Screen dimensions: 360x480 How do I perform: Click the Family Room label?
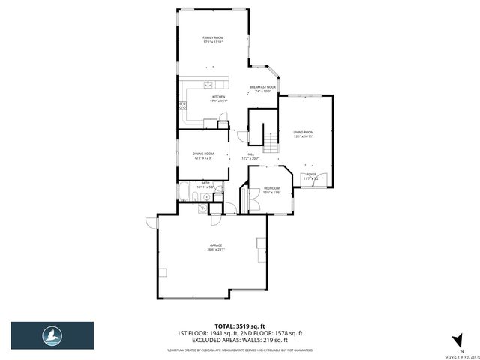[x=214, y=39]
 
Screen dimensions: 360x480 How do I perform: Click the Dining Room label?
[x=203, y=155]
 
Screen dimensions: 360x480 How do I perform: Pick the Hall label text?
[x=250, y=156]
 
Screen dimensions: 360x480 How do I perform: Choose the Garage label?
[x=216, y=247]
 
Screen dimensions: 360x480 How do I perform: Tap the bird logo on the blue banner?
[x=52, y=334]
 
